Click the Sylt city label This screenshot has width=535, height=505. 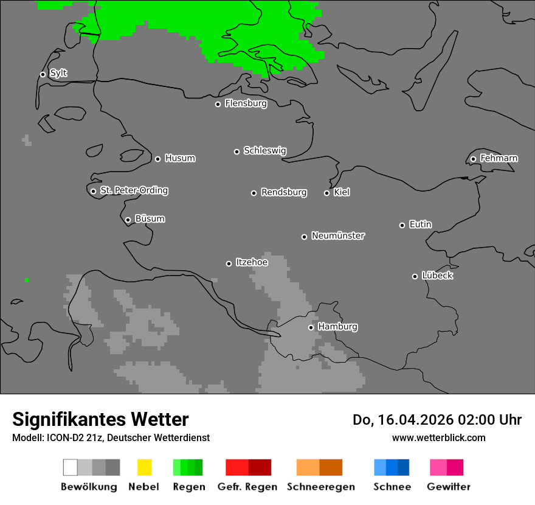(58, 74)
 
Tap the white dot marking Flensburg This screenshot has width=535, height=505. (218, 104)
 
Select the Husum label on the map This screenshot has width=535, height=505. (180, 159)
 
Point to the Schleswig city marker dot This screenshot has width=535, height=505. (236, 151)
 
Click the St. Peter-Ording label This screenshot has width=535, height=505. (134, 190)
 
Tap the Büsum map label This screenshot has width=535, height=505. (150, 219)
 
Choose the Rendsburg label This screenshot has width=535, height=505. (284, 193)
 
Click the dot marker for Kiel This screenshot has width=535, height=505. (326, 193)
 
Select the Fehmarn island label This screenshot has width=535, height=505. (499, 159)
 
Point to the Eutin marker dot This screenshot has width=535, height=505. (402, 225)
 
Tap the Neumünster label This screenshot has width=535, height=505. (338, 236)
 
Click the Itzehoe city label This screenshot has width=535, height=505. (252, 263)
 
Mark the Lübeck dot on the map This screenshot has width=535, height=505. (415, 276)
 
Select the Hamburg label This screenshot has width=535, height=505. (337, 327)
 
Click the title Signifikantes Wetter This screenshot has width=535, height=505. (100, 419)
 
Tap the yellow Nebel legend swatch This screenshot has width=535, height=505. (144, 467)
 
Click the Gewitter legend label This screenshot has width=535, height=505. (449, 487)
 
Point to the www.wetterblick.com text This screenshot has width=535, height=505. (438, 437)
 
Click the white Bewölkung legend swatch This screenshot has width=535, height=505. (71, 467)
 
